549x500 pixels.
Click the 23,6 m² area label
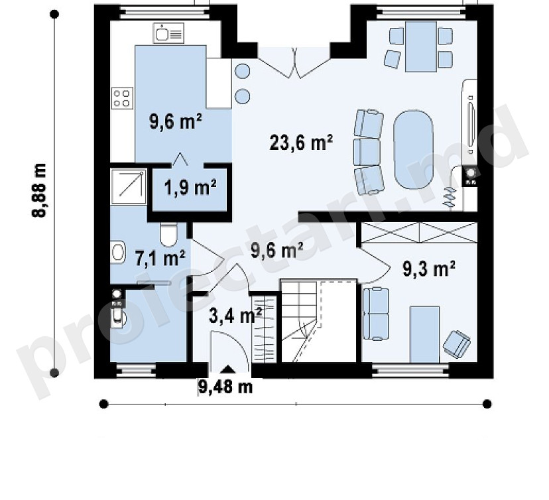301,143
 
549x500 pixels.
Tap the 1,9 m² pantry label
190,187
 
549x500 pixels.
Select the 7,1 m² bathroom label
160,259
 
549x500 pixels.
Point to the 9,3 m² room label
429,269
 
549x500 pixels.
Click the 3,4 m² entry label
235,316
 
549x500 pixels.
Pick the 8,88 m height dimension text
38,191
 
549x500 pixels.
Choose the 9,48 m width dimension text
225,387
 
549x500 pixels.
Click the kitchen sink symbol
168,34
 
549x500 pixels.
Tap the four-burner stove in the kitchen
122,98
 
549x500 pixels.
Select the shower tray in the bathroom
129,186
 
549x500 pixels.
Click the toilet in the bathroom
169,234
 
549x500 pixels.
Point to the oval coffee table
414,150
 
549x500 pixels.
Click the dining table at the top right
421,46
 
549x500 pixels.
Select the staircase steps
300,321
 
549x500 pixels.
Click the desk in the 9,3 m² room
425,334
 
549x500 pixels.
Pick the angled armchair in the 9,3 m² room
457,344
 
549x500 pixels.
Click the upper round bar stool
242,71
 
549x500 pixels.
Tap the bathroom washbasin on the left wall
118,252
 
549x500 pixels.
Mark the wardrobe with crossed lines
419,233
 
